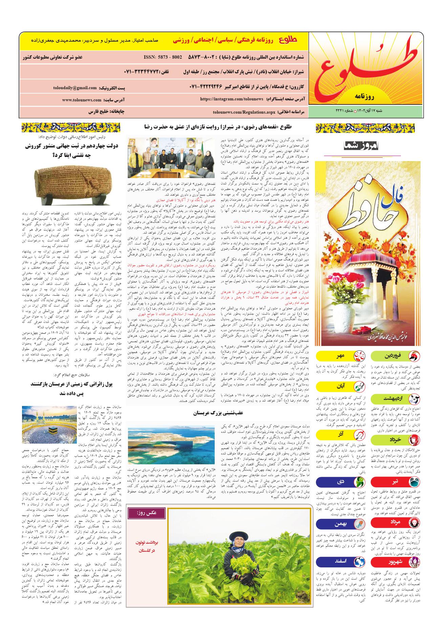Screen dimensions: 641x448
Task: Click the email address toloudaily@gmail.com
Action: [75, 88]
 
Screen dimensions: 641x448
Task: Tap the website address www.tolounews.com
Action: [82, 100]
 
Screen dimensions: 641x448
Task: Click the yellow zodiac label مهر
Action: [340, 356]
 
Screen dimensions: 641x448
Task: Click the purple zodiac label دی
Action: [340, 482]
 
